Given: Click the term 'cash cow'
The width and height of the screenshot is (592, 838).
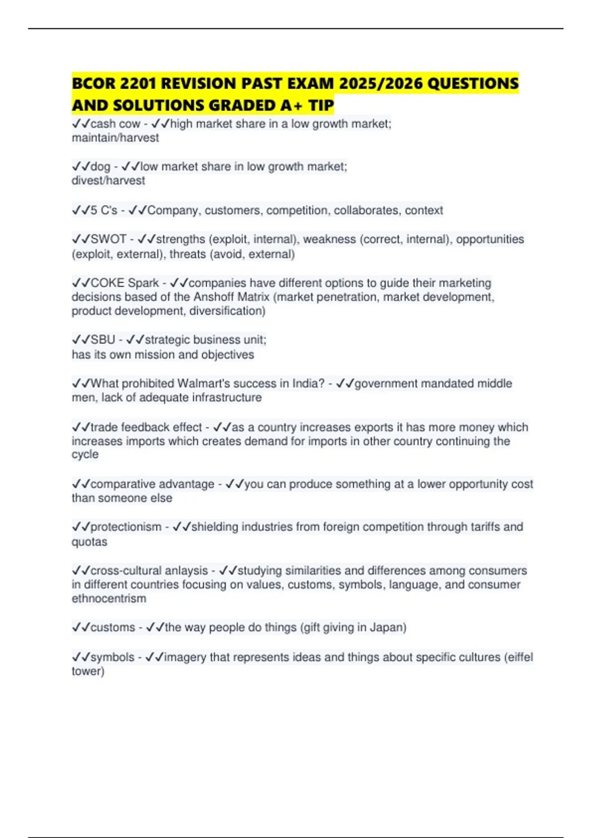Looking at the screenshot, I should (115, 124).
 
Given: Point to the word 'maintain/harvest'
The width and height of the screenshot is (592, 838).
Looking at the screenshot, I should (115, 138).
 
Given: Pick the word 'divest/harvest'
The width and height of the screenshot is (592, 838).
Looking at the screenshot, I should (108, 181).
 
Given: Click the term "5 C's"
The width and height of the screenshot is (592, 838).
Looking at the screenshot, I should (104, 210).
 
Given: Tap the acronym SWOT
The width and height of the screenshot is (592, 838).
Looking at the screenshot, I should (109, 240).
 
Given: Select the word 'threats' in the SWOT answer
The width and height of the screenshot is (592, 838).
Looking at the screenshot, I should (187, 254).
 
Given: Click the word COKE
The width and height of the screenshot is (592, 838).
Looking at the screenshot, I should (108, 283).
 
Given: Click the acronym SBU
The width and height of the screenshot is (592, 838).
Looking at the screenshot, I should (103, 340).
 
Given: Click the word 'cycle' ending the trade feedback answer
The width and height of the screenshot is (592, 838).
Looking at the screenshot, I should (85, 454).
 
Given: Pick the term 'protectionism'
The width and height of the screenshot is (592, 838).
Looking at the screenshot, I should (126, 527).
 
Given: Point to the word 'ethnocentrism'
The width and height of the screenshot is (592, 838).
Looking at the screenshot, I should (109, 599).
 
